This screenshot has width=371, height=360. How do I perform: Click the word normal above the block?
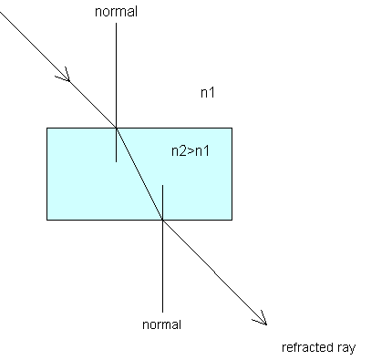pos(116,12)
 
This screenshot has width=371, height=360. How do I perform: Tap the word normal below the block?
pos(161,324)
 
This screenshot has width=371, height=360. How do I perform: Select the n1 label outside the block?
pos(208,92)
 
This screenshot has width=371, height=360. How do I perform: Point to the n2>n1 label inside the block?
pos(191,151)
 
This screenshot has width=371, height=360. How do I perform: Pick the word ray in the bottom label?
pos(346,348)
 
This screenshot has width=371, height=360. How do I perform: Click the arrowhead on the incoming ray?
pos(65,76)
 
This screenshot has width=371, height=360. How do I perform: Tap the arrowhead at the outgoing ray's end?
pos(262,319)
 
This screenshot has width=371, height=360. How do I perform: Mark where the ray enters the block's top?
pos(116,128)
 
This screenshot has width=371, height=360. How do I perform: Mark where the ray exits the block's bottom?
pos(162,220)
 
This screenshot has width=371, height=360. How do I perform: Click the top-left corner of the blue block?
pos(46,128)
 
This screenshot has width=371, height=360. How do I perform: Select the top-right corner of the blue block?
pos(232,128)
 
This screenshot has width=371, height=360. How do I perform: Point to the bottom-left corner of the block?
pos(46,220)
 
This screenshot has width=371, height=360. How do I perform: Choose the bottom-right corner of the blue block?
pos(232,220)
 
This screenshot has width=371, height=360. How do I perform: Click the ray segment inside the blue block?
pos(139,174)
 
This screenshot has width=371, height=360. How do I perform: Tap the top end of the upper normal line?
pos(116,23)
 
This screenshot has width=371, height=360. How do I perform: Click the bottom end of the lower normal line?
pos(162,312)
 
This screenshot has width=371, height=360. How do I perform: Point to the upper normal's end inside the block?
pos(116,161)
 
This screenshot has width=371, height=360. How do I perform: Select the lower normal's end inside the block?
pos(162,185)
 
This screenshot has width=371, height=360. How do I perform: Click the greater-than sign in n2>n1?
pos(191,151)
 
